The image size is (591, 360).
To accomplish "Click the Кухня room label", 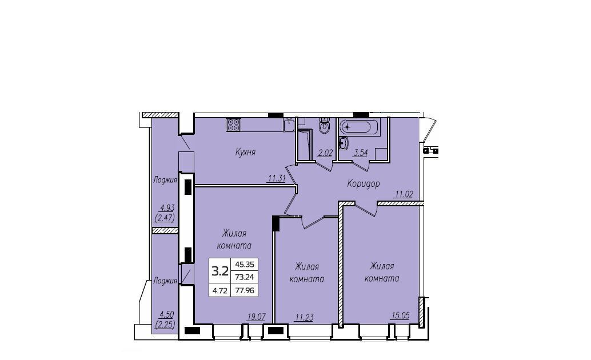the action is [x=245, y=153].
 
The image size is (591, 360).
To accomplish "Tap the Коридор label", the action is [x=364, y=184].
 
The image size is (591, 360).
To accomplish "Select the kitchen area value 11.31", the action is [x=276, y=179].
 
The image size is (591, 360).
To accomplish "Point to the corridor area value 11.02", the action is [x=404, y=194].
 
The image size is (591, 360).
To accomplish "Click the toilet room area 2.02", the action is [x=325, y=153].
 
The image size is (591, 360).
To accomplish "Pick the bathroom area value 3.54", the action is [x=360, y=153].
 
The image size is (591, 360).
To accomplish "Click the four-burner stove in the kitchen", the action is [x=234, y=125].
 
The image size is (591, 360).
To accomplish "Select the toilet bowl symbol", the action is [x=324, y=126].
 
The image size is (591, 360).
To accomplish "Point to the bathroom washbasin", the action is [x=344, y=142].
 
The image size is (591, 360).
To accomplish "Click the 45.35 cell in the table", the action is [x=245, y=265].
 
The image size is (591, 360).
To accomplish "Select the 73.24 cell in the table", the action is [x=245, y=277].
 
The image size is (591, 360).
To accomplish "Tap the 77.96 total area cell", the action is [x=245, y=290].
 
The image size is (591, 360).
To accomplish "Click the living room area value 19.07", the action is [x=256, y=317].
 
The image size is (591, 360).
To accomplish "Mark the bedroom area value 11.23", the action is [x=304, y=317].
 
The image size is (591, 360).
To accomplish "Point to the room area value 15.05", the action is [x=400, y=315].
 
